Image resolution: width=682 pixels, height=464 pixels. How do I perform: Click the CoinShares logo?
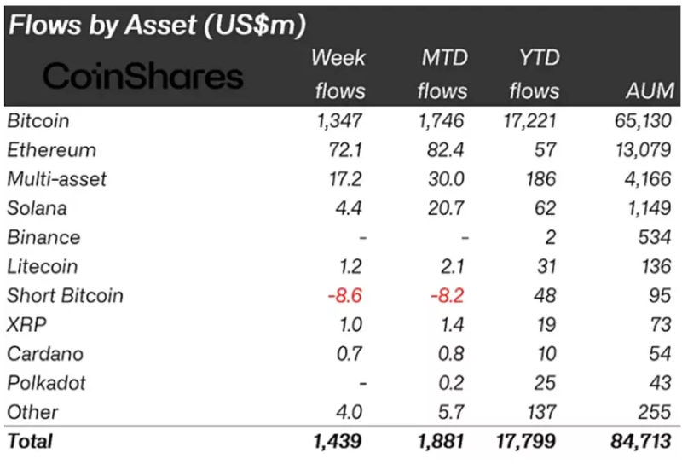coord(143,76)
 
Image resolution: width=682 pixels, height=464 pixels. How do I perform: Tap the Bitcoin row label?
coord(38,120)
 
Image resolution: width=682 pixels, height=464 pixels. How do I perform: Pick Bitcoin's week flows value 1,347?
coord(339,120)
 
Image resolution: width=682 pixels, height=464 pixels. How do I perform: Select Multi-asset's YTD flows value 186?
coord(540,179)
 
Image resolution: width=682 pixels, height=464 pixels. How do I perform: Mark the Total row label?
coord(30,441)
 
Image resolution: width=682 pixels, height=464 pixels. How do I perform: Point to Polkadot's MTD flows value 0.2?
coord(454,382)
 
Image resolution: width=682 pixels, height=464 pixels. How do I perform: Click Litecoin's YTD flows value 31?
coord(546,266)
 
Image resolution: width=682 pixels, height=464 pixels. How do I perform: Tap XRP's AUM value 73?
coord(658,324)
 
